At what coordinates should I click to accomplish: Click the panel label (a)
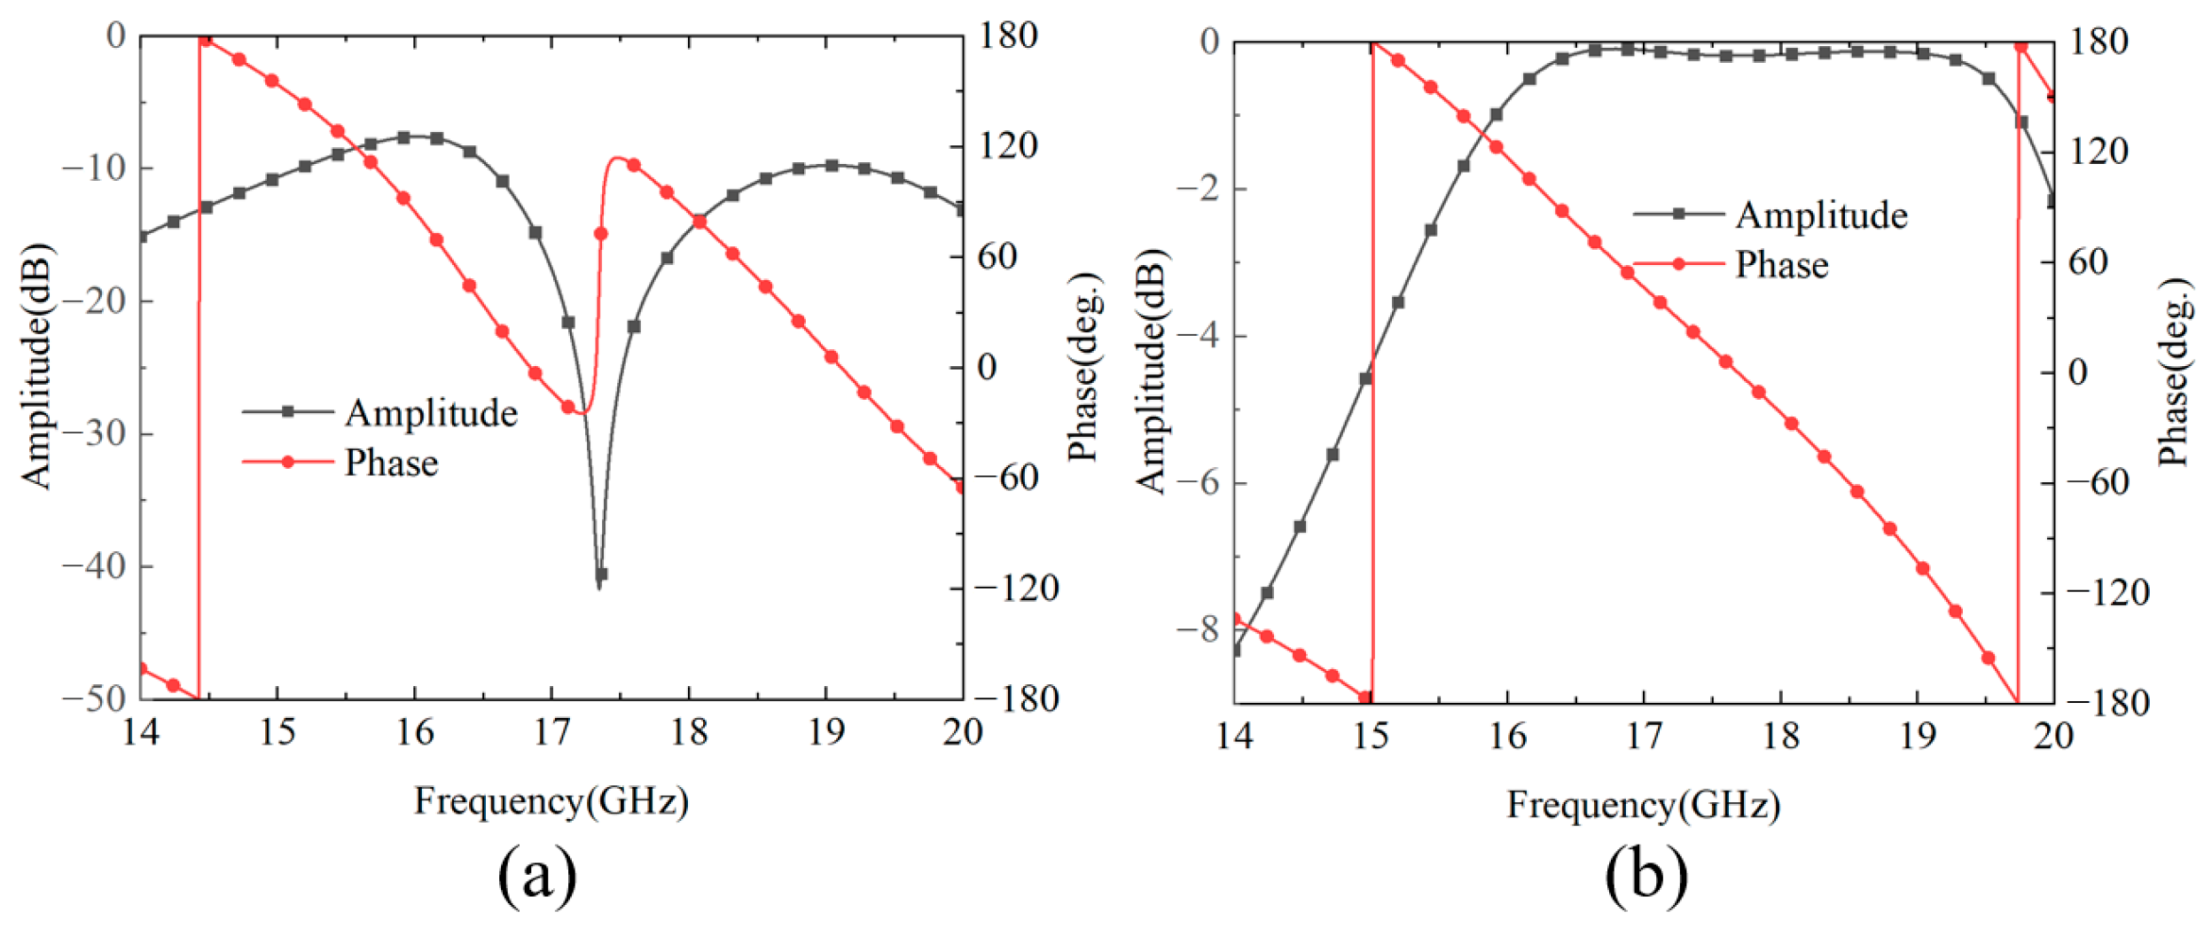coord(537,876)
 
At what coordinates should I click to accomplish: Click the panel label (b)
coord(1645,876)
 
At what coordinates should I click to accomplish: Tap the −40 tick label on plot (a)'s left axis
coord(95,565)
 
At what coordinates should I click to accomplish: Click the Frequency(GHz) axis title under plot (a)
coord(551,801)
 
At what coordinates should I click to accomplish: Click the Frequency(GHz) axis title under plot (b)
coord(1643,805)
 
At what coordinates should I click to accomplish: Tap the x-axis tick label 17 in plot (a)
coord(551,732)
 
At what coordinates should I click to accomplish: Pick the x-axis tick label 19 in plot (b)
coord(1917,736)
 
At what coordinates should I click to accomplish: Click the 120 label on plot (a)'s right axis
coord(1008,145)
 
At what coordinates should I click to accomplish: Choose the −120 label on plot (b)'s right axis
coord(2107,592)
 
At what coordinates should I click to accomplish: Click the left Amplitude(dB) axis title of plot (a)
coord(37,365)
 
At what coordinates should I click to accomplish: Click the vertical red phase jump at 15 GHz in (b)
coord(1372,372)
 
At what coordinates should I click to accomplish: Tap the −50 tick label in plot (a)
coord(95,698)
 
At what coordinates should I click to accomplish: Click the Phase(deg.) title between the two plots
coord(1083,365)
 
